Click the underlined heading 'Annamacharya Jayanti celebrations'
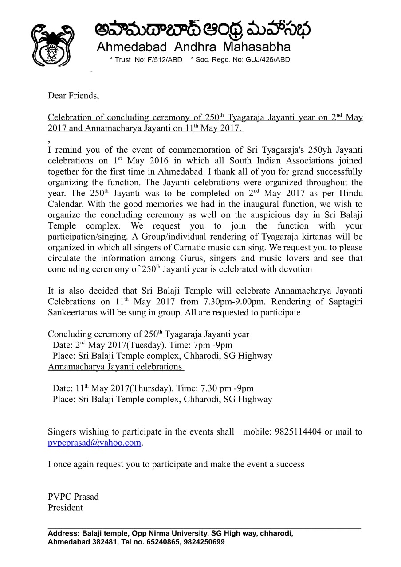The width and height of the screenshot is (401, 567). click(x=115, y=366)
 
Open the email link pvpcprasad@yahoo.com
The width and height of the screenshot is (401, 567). click(x=94, y=443)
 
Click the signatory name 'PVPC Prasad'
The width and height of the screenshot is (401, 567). click(x=73, y=497)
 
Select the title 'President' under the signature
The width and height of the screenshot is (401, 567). click(x=65, y=508)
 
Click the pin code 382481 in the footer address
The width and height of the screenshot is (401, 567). click(x=106, y=542)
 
